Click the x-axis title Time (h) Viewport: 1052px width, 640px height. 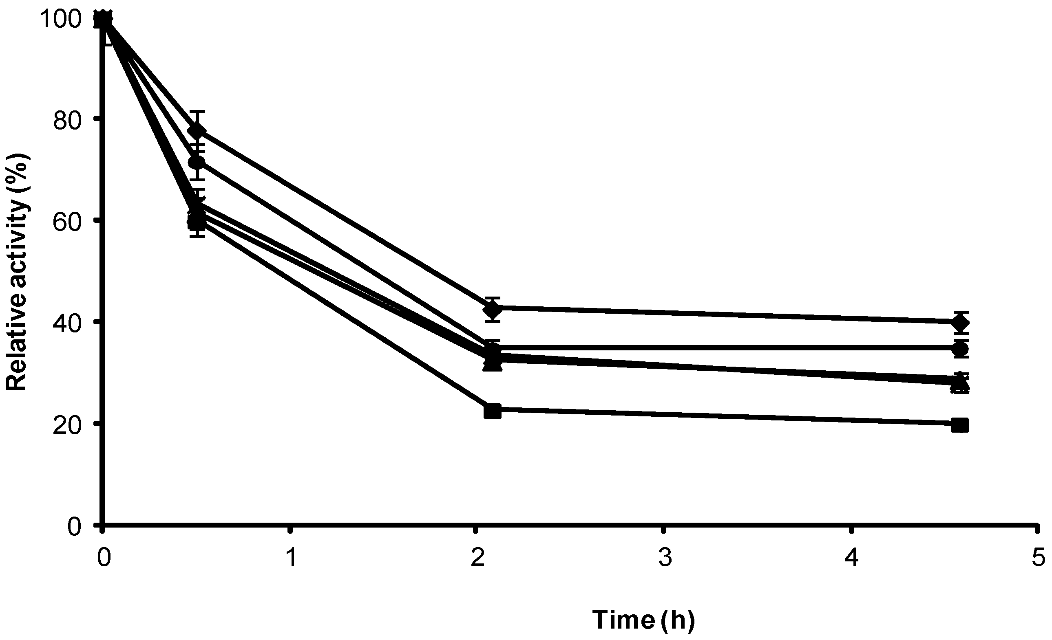pos(643,620)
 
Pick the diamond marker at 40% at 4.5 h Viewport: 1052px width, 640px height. pos(960,323)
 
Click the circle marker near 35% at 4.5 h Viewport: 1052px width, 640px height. pos(960,350)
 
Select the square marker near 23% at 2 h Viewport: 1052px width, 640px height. pos(493,411)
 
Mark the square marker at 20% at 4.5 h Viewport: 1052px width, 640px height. pos(960,425)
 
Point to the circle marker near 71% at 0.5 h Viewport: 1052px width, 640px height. pos(197,162)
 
